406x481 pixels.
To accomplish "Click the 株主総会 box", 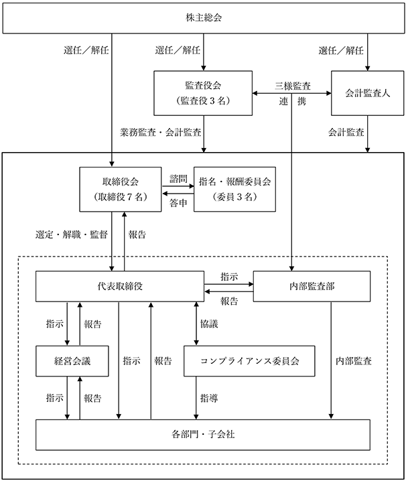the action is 204,18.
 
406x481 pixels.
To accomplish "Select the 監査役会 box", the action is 203,93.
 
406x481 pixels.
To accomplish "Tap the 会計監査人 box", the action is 367,93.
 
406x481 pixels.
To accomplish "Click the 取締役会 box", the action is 121,190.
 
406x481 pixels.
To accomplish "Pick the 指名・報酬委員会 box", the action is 234,190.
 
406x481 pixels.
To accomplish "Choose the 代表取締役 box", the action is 120,286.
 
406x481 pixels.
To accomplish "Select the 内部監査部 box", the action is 312,286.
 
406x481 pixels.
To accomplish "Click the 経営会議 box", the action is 72,361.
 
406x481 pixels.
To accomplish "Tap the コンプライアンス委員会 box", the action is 249,361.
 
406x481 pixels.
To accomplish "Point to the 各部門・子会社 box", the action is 203,435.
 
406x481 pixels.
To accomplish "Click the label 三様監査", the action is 293,86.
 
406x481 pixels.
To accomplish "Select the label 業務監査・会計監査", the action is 161,133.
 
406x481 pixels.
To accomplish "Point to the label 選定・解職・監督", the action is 72,235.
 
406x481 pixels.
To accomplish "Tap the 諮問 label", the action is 178,179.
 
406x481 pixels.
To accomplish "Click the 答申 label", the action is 178,203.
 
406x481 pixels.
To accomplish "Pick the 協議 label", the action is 209,324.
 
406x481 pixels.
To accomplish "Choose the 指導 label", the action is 209,398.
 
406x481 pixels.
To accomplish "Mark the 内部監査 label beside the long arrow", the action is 354,361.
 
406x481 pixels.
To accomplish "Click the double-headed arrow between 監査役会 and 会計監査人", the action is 292,93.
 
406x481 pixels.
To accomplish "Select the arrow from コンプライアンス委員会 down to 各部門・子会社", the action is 196,398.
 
